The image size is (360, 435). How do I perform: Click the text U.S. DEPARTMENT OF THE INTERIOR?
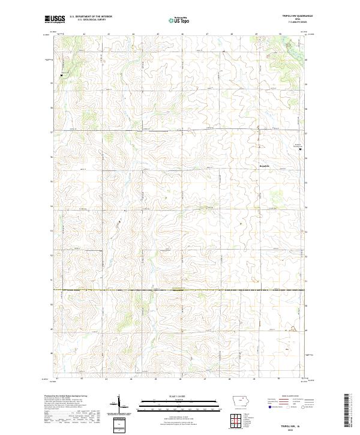click(91, 17)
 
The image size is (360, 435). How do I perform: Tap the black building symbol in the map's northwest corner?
click(62, 75)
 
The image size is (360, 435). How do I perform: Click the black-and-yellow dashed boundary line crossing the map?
click(180, 290)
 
